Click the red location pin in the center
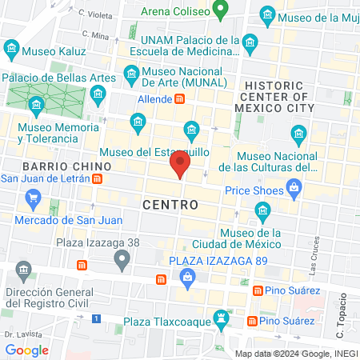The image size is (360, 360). coord(179,166)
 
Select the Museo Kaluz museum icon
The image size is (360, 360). coord(11,50)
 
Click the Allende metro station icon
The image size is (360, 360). coord(181,99)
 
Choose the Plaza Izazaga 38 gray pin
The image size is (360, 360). coord(122,258)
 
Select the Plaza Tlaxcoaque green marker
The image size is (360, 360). coord(222,321)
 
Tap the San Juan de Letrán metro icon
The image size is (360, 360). coord(97,178)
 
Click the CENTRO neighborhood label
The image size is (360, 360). coord(170,205)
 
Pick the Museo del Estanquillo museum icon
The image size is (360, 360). coord(191,129)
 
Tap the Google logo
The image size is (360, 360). coord(26,350)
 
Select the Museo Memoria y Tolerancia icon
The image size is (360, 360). coord(36,106)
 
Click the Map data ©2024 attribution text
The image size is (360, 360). coord(294,353)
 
